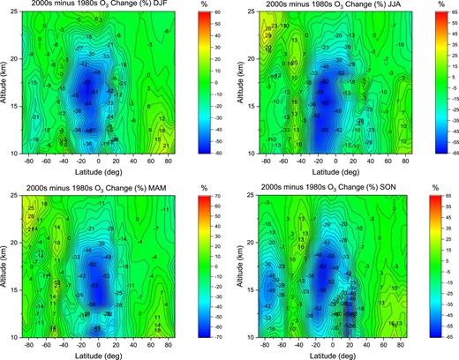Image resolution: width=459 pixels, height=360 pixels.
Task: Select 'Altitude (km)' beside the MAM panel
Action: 6,267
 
